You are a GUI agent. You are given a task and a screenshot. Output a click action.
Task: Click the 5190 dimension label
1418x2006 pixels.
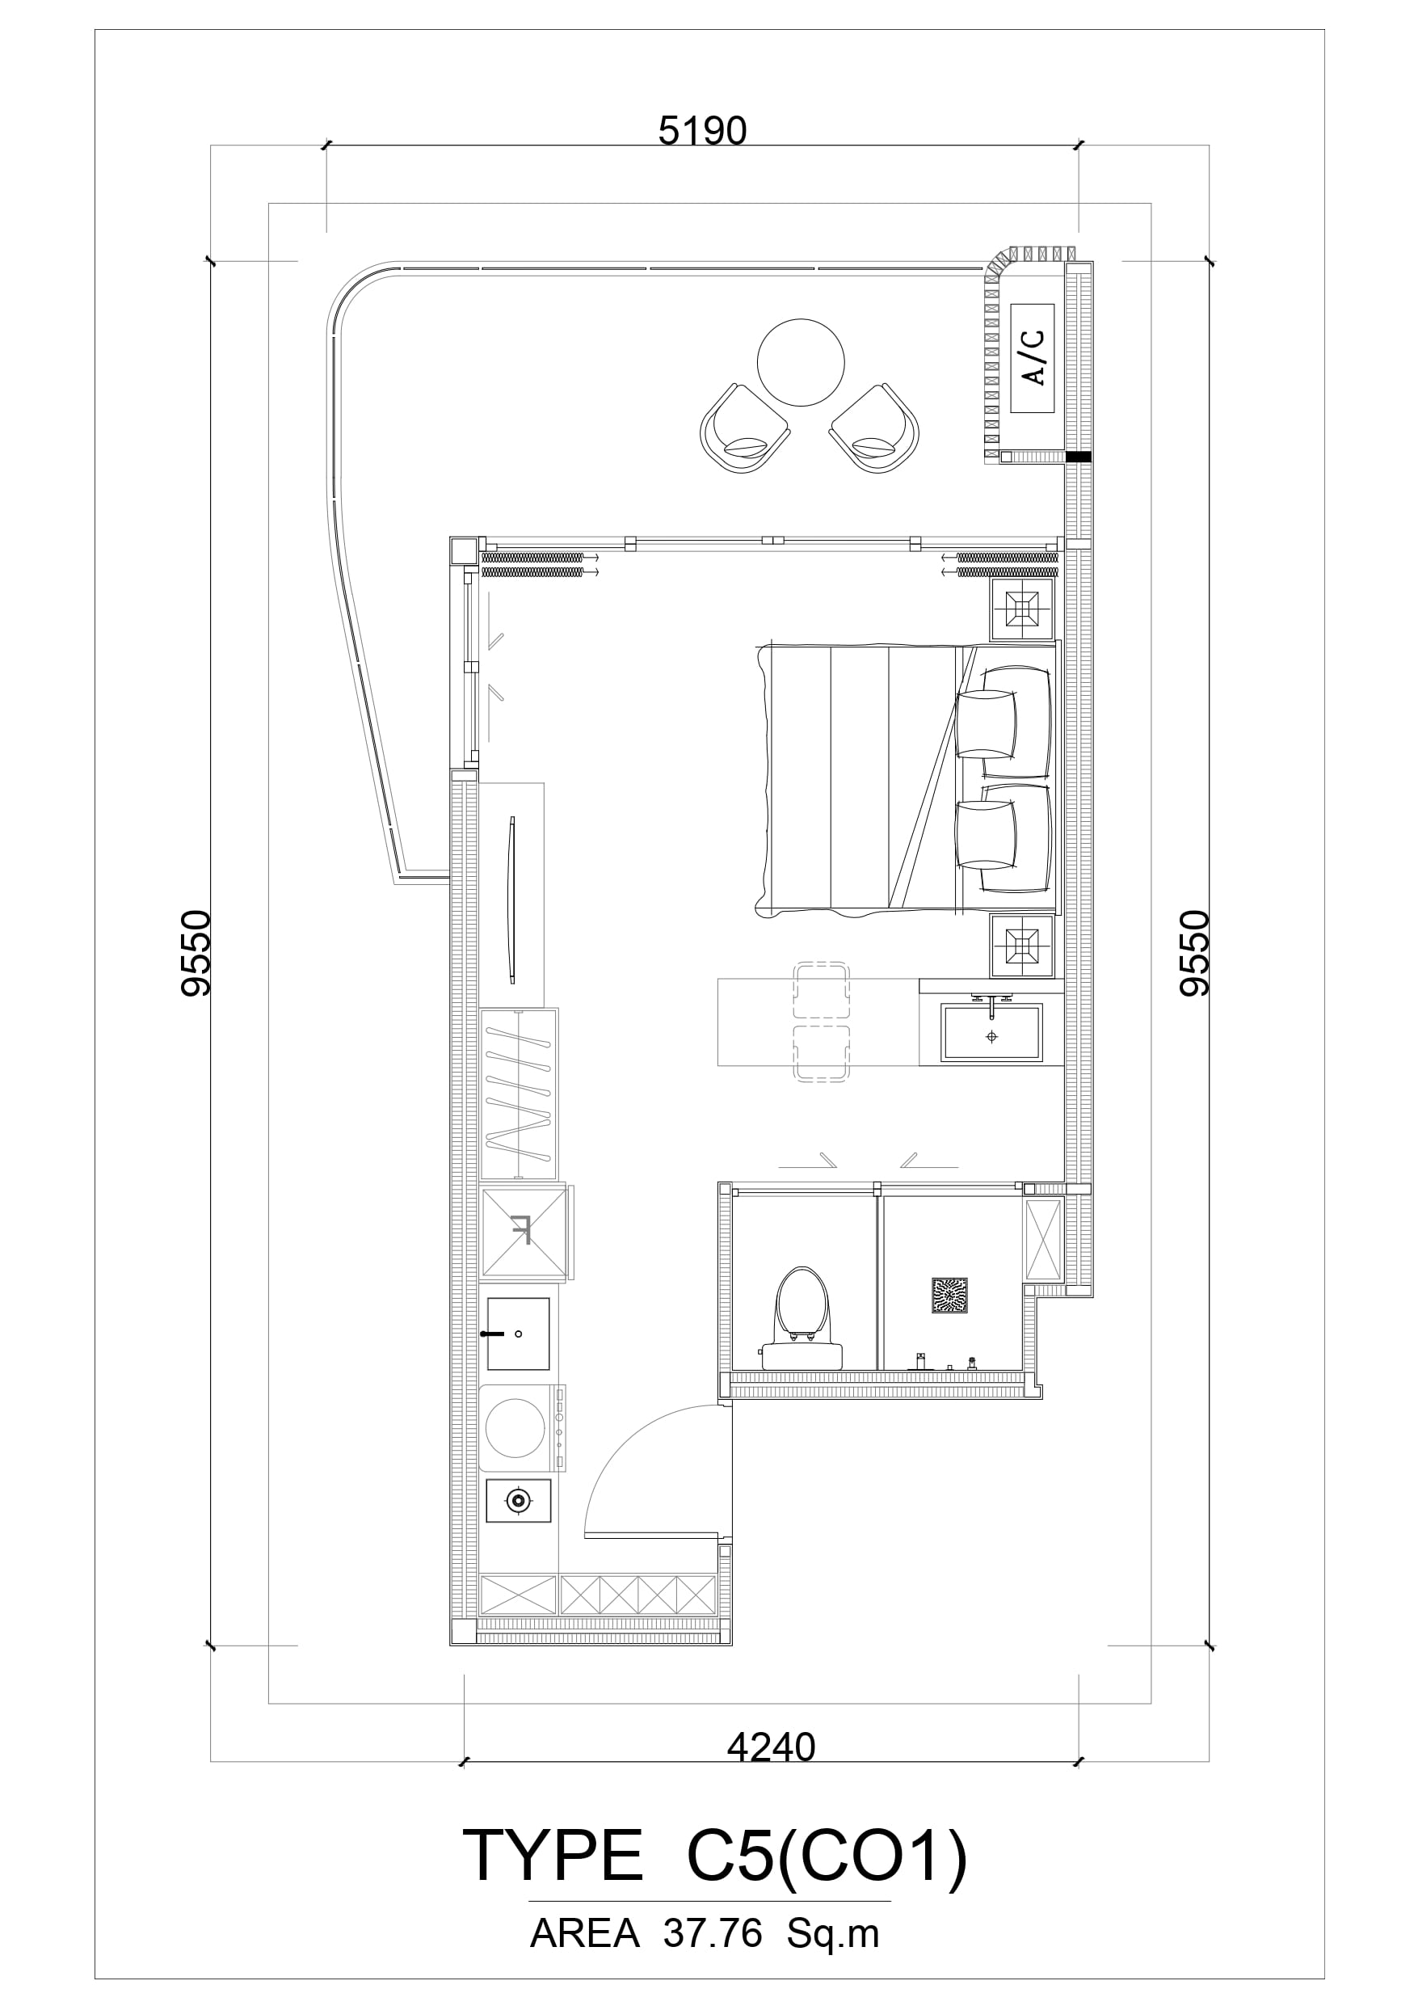click(x=702, y=131)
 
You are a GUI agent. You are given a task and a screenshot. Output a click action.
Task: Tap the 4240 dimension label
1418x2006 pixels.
click(x=772, y=1747)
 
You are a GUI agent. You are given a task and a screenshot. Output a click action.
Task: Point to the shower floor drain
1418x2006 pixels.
click(x=949, y=1296)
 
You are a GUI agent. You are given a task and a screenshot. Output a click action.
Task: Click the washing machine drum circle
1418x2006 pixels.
click(x=515, y=1427)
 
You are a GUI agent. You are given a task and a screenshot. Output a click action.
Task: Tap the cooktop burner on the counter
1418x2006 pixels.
click(x=518, y=1501)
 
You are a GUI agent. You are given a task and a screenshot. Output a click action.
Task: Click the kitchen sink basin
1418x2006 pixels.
click(x=518, y=1334)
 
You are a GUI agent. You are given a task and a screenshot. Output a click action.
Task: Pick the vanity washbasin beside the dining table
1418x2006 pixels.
click(x=991, y=1033)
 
